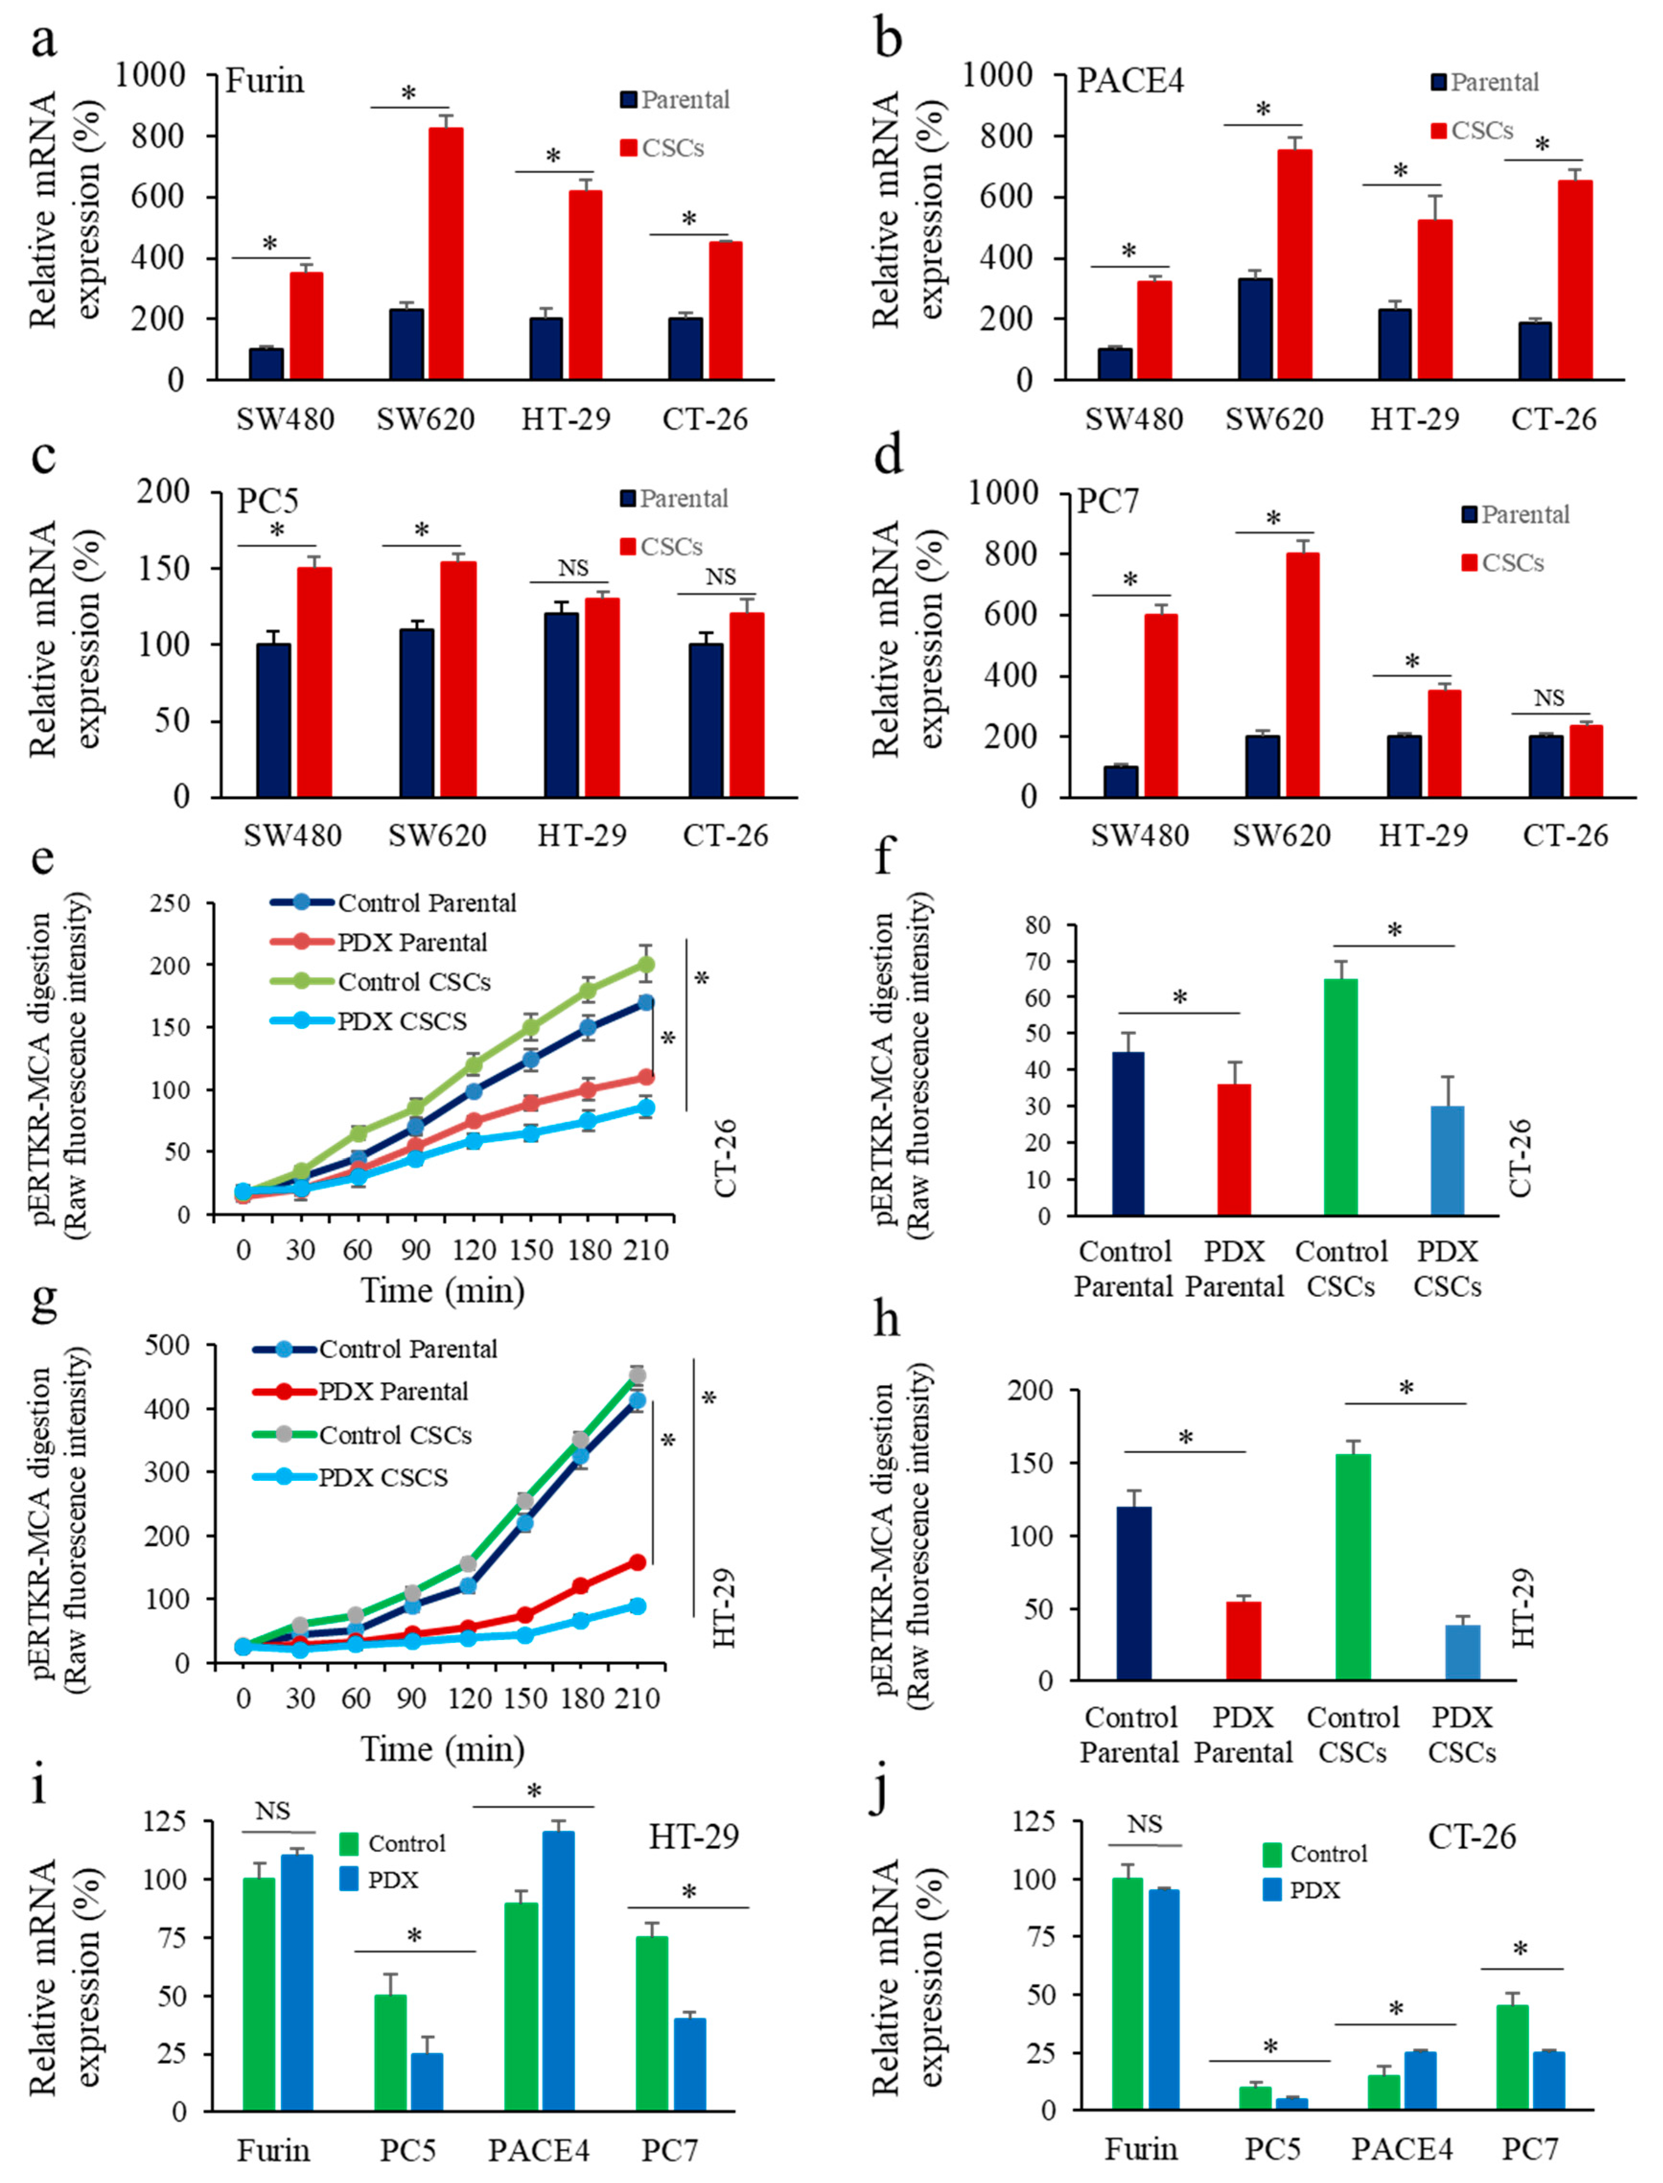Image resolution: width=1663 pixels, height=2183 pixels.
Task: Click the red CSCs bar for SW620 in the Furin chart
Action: click(x=445, y=254)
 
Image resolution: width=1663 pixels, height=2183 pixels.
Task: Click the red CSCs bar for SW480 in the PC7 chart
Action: click(x=1161, y=705)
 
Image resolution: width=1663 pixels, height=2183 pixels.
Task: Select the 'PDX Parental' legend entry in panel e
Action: click(x=412, y=943)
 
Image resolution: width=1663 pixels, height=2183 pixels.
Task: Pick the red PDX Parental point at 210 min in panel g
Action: click(x=637, y=1562)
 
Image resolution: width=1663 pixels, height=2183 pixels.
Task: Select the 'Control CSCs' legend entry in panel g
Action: click(x=394, y=1434)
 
